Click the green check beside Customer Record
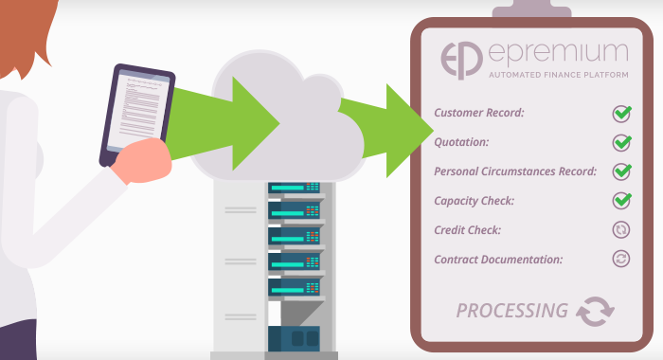621,114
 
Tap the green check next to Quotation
621,143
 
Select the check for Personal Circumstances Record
621,171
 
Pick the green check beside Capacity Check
621,200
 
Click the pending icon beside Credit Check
621,229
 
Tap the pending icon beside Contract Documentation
621,259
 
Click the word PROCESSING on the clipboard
511,310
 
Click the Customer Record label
479,114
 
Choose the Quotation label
461,143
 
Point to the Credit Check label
467,229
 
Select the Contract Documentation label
498,259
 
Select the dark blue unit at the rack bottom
295,337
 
